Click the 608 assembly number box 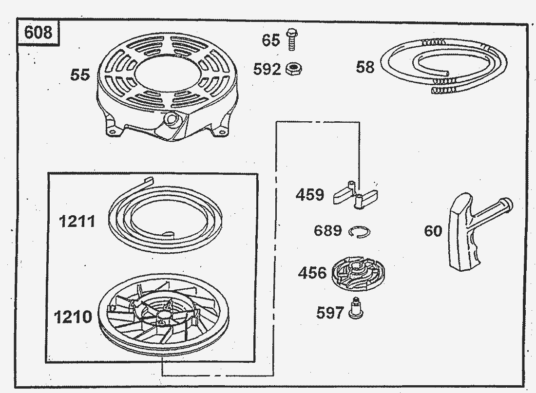(x=38, y=33)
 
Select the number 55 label (x=80, y=75)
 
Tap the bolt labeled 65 (x=291, y=39)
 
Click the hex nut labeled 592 (x=294, y=69)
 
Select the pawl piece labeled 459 (x=356, y=195)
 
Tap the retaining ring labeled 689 (x=360, y=232)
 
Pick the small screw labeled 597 (x=356, y=308)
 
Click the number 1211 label (x=77, y=221)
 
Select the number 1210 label (x=73, y=317)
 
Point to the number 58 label (x=365, y=67)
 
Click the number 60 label (x=433, y=231)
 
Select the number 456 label (x=312, y=273)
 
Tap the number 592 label (x=267, y=69)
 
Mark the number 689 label (x=328, y=230)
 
